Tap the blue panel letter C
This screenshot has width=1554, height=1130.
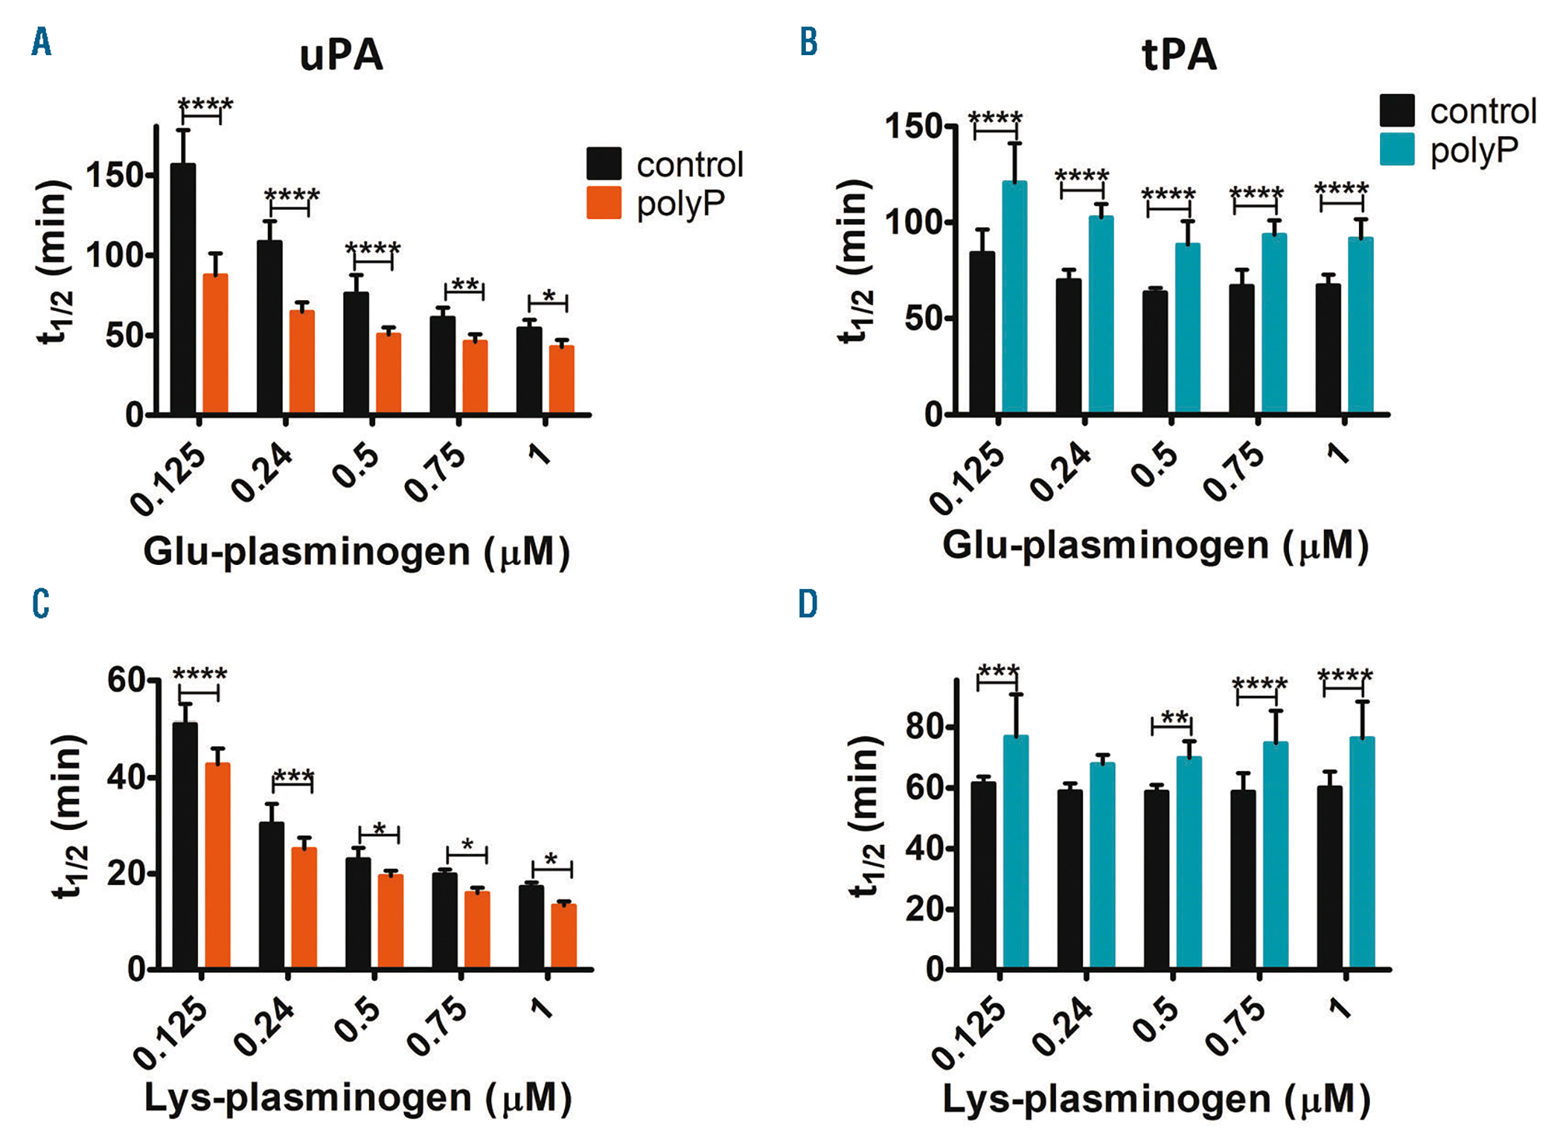pos(40,604)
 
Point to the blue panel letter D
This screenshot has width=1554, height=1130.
pos(808,604)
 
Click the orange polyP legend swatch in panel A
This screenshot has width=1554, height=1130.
pos(604,203)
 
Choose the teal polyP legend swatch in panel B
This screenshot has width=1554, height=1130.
pos(1396,149)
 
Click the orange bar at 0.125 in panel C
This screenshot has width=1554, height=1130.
pos(218,866)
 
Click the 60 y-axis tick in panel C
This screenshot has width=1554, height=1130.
pos(127,681)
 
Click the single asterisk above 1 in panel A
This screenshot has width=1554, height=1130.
pos(549,296)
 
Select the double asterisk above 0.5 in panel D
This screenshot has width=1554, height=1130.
pos(1174,718)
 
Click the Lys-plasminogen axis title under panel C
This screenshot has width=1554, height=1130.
pos(357,1098)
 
